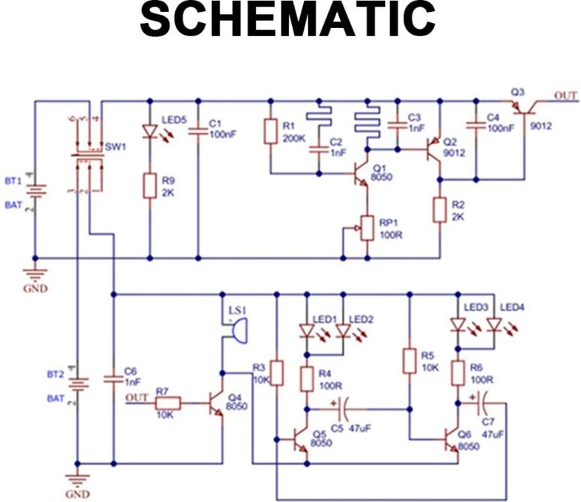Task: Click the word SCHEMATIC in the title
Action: click(288, 20)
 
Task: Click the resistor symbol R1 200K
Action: click(270, 132)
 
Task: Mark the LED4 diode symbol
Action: click(495, 325)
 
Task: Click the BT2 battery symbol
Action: click(76, 385)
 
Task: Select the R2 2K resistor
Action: click(439, 209)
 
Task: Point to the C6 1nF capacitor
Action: click(113, 379)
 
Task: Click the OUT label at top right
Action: click(565, 96)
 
